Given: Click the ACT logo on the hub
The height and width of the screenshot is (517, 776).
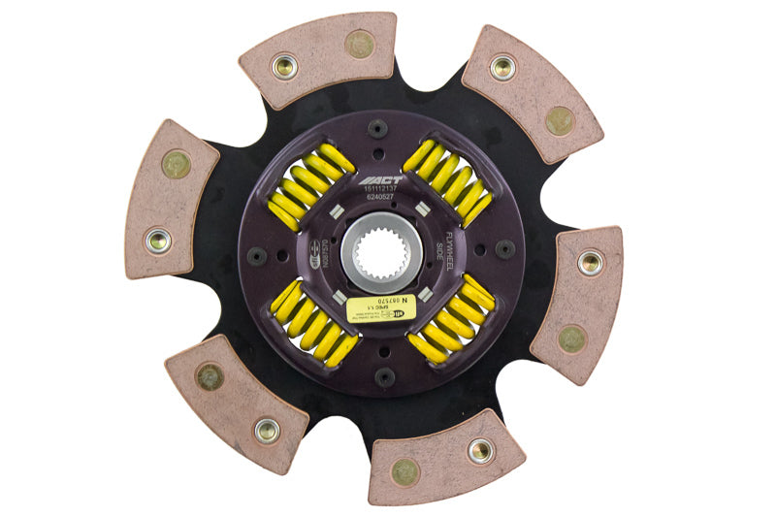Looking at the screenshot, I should [x=376, y=180].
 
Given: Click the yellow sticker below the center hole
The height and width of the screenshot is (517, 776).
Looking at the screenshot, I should [x=381, y=308].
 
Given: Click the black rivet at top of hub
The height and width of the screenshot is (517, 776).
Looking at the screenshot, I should [x=376, y=128].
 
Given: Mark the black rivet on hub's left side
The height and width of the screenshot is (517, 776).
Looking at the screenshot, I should [x=257, y=256].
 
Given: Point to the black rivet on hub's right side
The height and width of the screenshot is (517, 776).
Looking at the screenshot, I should [x=504, y=248].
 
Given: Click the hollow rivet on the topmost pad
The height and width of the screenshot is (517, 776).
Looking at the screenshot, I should [x=284, y=66].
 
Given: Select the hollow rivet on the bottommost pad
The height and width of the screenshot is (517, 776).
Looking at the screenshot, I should [x=479, y=450].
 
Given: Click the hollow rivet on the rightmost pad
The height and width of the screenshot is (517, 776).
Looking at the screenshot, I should [x=589, y=262].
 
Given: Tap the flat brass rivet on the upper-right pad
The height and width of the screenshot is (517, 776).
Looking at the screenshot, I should [x=559, y=120].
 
